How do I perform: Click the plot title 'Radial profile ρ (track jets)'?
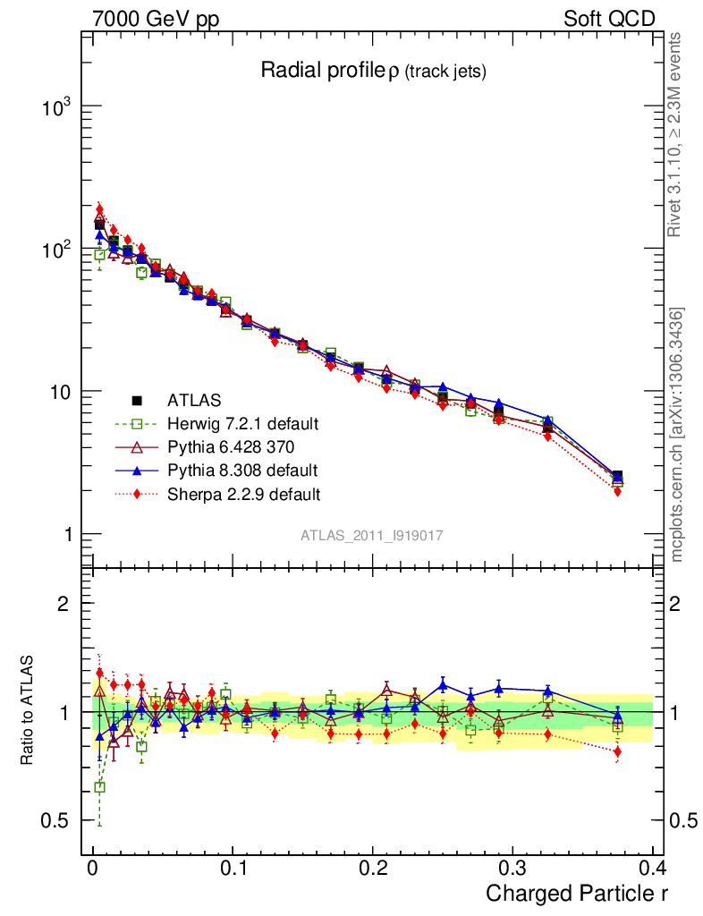372,72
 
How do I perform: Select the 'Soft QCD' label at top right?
609,19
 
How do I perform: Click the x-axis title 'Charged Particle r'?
577,893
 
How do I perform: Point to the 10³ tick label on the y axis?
56,106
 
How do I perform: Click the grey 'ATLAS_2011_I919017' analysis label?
372,535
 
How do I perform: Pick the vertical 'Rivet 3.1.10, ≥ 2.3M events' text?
677,135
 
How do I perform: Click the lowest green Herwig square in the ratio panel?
99,787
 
